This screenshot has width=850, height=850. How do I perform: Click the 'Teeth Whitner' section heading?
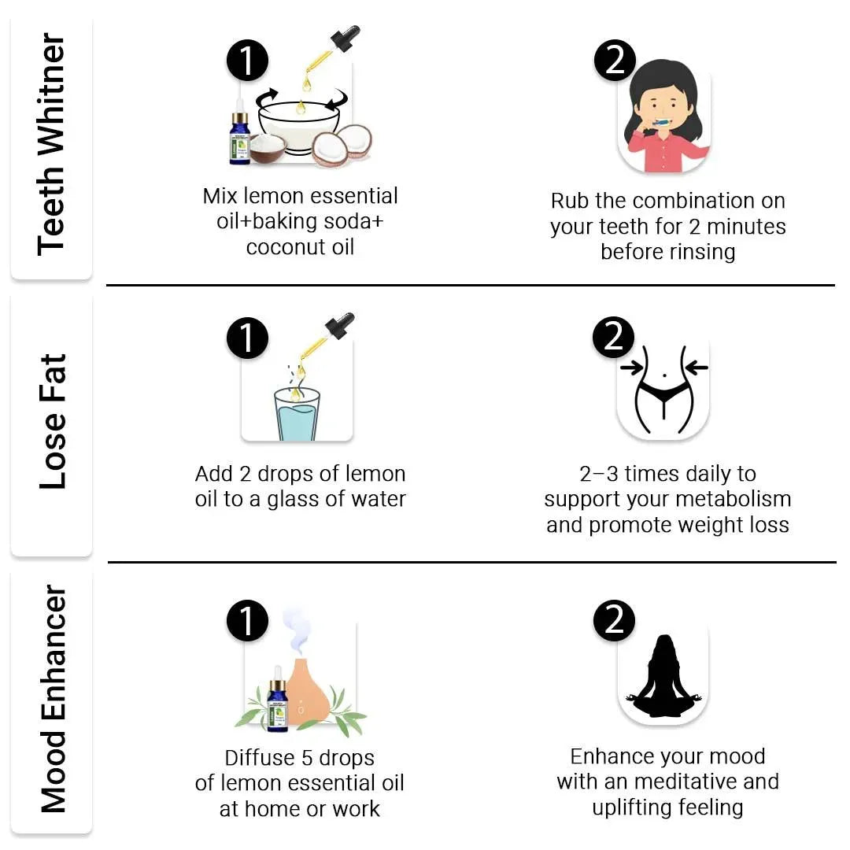pos(51,145)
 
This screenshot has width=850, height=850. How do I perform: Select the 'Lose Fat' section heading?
pos(53,422)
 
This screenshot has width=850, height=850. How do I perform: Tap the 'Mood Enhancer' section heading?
pos(53,699)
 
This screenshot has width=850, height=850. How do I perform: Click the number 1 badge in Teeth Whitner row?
pos(247,60)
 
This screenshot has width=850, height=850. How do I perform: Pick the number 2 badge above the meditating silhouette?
pos(614,620)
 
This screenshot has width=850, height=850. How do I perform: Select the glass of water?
pos(297,415)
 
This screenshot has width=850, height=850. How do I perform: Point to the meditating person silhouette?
pos(664,676)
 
